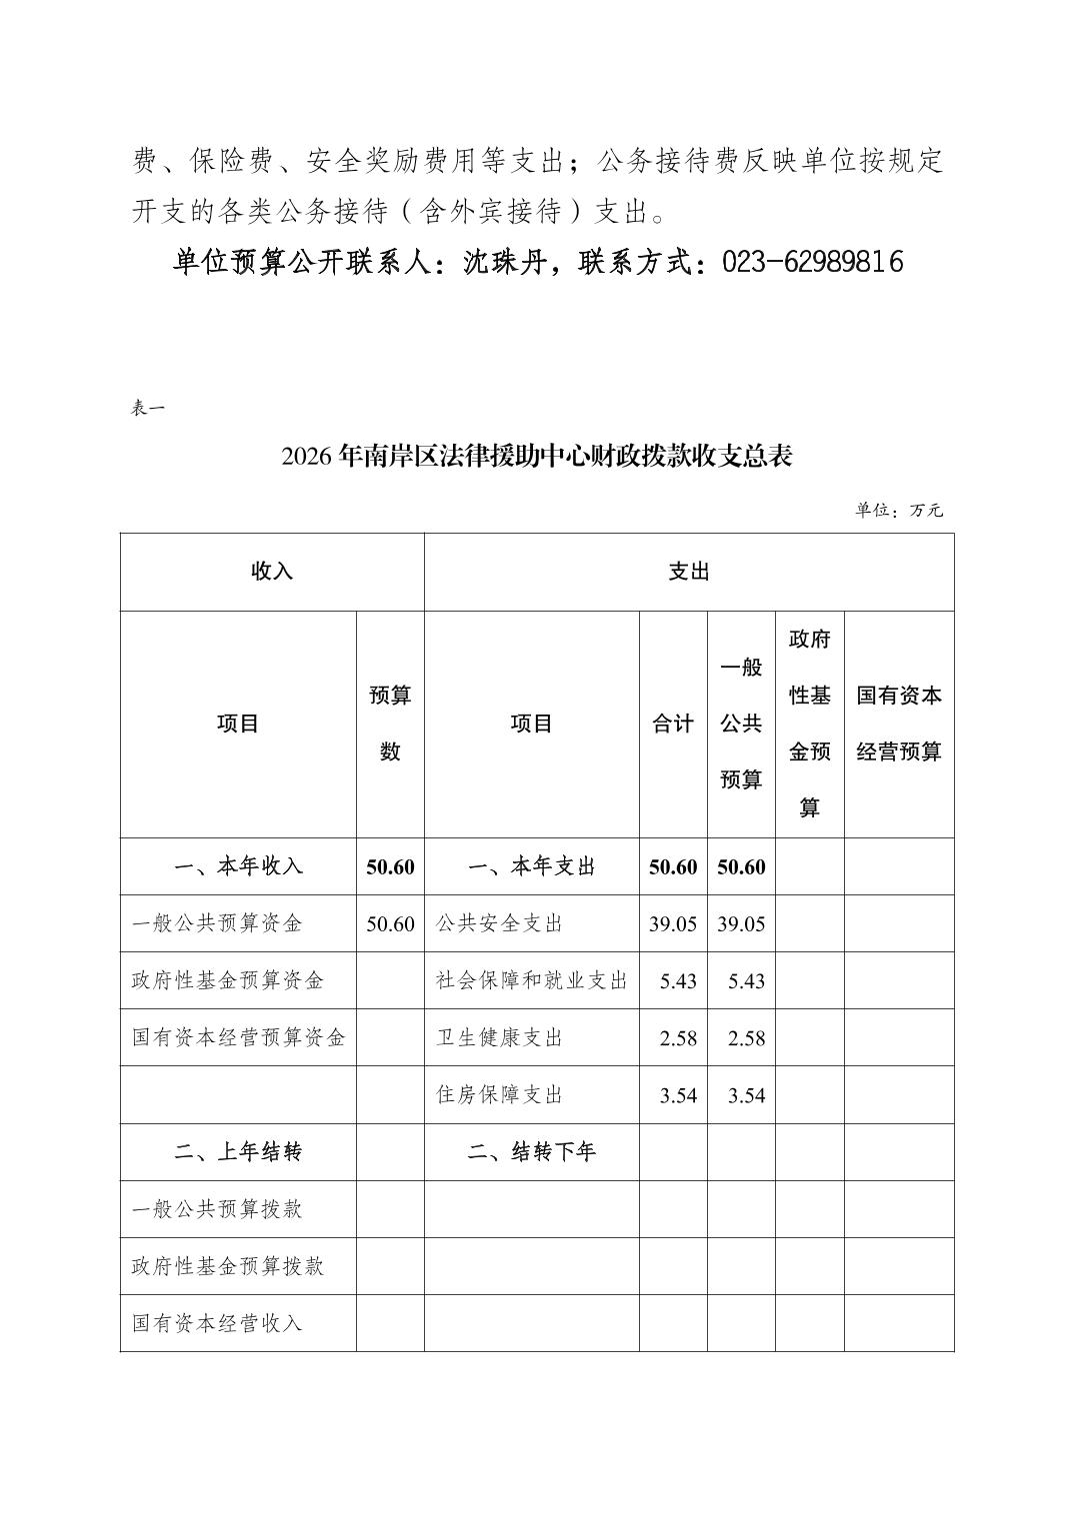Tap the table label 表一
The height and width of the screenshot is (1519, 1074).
(147, 408)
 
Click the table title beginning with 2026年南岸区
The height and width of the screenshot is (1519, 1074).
(537, 458)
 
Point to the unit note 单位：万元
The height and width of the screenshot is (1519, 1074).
(899, 510)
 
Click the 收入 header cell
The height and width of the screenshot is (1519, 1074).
(272, 572)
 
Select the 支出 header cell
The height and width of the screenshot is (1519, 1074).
(689, 572)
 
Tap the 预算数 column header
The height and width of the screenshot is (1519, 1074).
(390, 724)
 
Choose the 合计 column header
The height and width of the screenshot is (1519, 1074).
(673, 724)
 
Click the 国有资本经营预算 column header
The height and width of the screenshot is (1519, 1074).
(899, 724)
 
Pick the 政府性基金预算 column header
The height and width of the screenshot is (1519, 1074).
(809, 724)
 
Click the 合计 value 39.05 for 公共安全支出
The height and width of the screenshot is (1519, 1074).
(673, 923)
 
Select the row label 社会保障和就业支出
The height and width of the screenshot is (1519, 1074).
(531, 980)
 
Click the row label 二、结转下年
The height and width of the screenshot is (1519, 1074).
(531, 1152)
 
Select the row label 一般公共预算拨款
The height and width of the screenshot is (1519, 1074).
(217, 1209)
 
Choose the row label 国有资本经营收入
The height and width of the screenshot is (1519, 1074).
(217, 1323)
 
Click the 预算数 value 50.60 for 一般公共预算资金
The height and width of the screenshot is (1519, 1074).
(390, 923)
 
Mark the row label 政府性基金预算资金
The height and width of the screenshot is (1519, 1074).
(228, 980)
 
